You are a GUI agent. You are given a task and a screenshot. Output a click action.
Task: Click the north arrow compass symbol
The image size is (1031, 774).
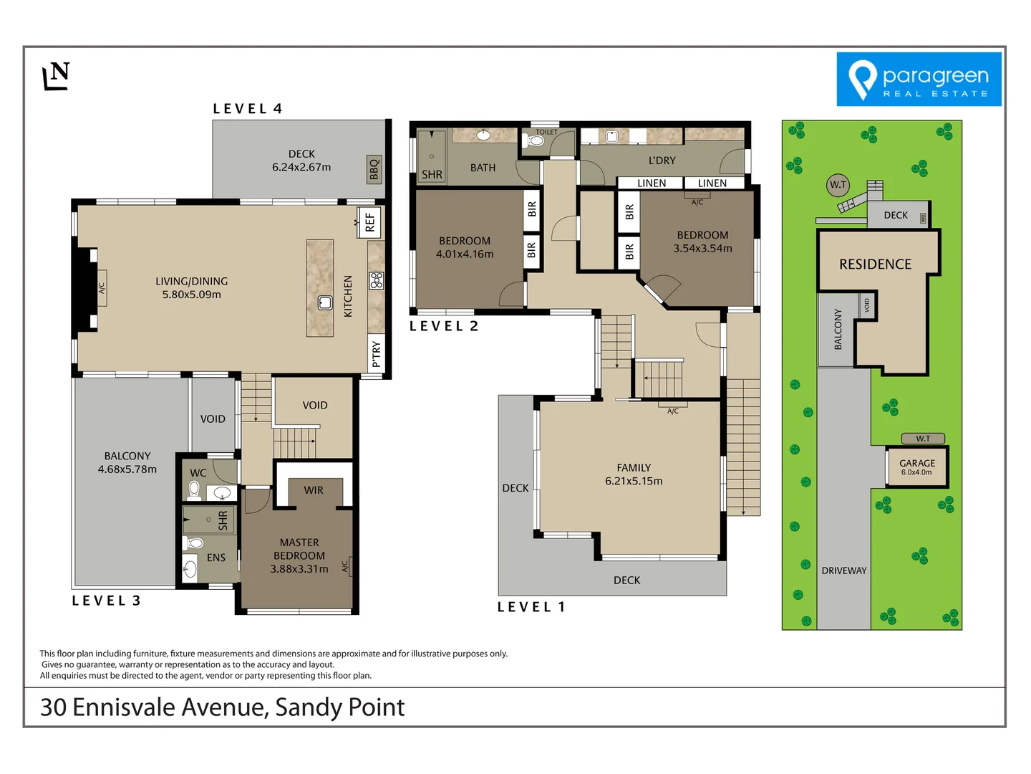[56, 76]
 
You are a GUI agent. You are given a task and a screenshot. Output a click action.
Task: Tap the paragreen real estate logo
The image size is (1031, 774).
[919, 80]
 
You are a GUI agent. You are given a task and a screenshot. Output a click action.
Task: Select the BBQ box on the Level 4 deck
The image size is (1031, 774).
[374, 169]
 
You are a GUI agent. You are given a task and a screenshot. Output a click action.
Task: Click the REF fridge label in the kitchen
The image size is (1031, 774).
[369, 222]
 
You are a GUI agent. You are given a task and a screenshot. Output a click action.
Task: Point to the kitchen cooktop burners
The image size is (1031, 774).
[377, 280]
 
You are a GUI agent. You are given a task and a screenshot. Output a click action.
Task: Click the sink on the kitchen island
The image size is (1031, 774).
[325, 302]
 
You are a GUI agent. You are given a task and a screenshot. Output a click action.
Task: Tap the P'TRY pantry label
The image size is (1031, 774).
[377, 354]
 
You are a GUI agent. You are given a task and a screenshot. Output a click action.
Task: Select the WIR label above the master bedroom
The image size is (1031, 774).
[314, 490]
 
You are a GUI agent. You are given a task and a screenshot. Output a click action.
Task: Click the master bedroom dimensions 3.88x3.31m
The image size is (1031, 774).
[299, 569]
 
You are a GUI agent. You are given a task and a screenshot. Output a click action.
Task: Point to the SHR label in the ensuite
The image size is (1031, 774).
[223, 520]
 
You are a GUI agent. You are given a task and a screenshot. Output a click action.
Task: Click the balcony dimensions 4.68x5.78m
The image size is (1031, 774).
[127, 469]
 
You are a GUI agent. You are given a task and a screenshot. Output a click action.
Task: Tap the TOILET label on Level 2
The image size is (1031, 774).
[546, 132]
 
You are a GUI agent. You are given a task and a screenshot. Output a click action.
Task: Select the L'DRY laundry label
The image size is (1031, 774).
[662, 161]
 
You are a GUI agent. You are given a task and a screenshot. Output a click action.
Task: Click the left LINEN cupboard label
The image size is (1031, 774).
[652, 183]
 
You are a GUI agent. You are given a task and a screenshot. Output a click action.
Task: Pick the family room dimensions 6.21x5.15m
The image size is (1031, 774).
[634, 481]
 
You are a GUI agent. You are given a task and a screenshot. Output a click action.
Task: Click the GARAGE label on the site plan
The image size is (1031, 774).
[917, 464]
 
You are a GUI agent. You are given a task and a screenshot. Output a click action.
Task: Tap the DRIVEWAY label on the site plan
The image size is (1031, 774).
[844, 570]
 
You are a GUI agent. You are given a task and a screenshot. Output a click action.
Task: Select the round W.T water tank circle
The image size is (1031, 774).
[838, 185]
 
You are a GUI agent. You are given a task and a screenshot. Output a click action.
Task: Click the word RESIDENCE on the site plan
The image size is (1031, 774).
[875, 264]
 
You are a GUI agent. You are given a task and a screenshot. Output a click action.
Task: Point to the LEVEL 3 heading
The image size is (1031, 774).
[106, 601]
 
